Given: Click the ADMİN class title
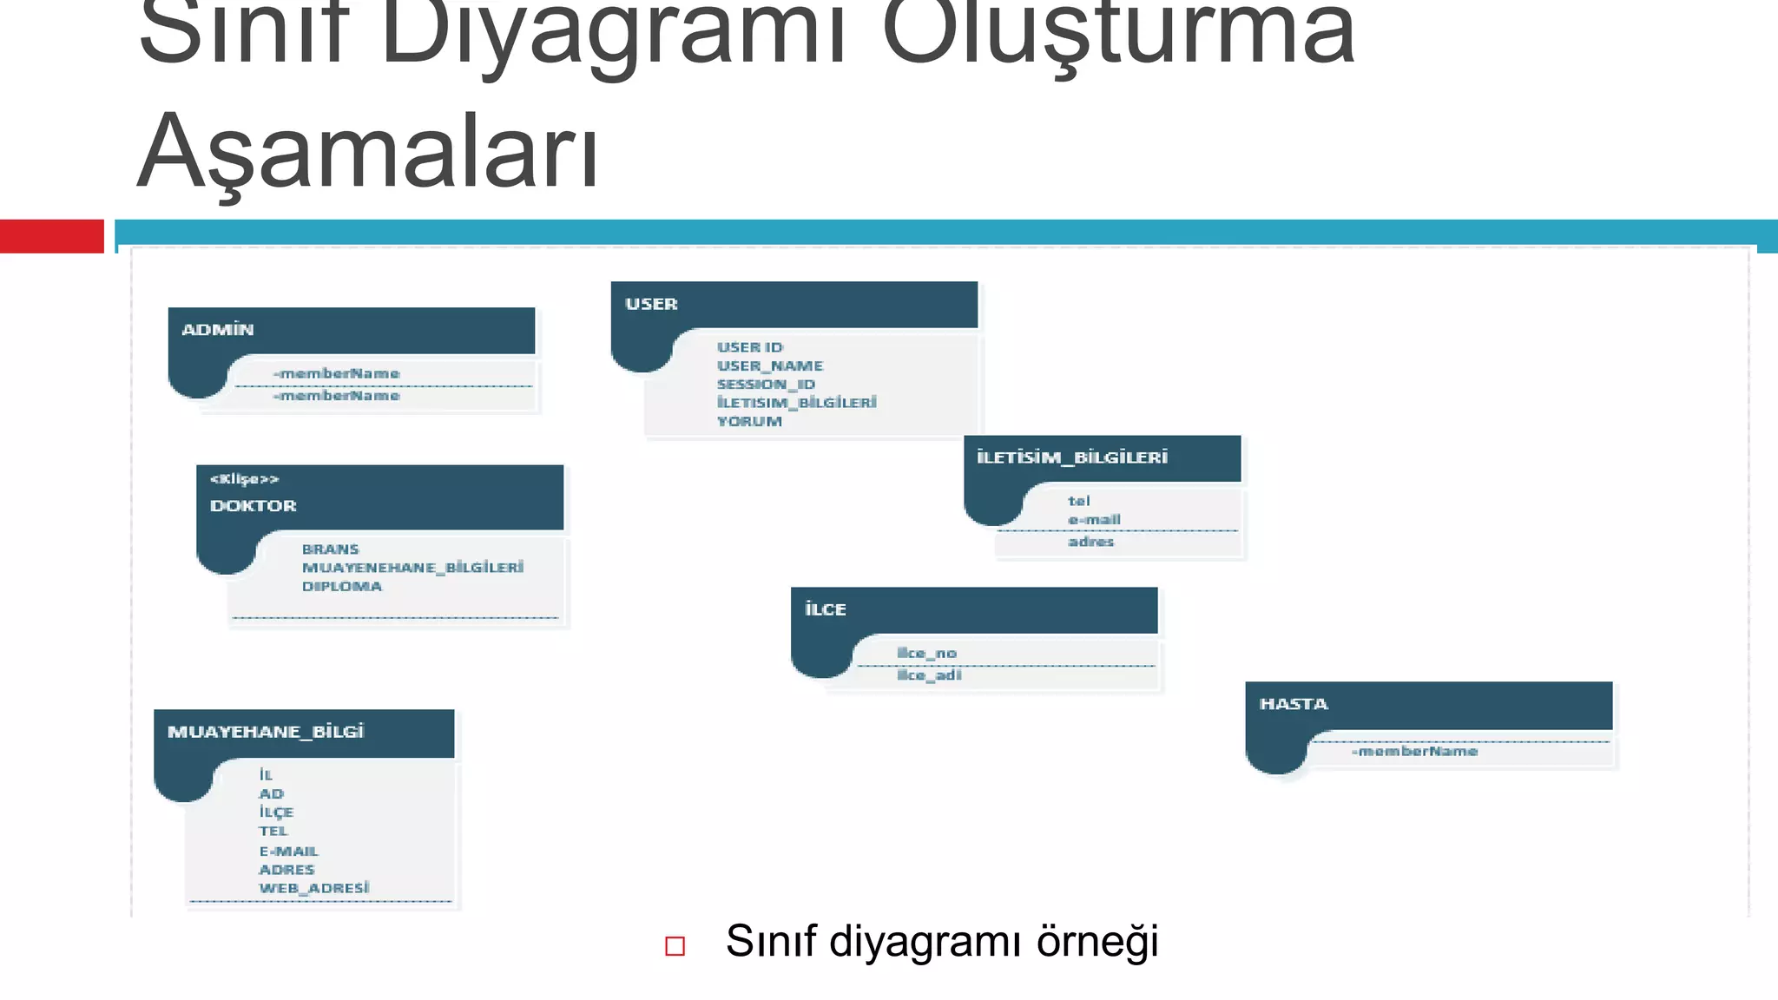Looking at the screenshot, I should [218, 330].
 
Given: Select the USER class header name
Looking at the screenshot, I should [651, 304].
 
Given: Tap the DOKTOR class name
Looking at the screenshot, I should [253, 505].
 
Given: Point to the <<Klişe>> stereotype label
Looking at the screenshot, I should [244, 479].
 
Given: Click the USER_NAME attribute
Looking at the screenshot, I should [769, 366].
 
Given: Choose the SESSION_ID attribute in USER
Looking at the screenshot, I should [766, 385].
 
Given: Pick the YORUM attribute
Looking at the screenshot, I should [749, 422].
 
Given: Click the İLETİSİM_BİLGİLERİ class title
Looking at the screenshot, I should [1072, 457].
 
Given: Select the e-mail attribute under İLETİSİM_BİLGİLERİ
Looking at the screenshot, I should [1094, 520].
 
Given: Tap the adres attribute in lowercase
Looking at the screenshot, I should [1090, 542].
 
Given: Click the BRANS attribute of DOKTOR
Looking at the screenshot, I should [330, 549].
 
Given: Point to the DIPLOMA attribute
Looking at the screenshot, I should [341, 587].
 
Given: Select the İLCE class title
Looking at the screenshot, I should [825, 609].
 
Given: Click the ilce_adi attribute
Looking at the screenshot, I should [929, 675].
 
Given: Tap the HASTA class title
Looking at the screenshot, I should [1294, 704].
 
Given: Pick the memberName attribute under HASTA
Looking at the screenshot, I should [1414, 752].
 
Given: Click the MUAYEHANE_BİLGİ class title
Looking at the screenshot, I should [266, 732].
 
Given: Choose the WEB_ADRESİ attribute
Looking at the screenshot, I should [313, 888].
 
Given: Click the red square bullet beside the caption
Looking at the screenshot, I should [675, 945].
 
